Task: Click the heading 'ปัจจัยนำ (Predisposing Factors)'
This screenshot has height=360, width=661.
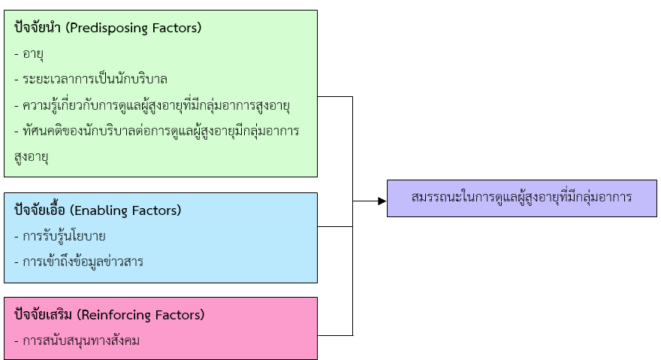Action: pos(107,28)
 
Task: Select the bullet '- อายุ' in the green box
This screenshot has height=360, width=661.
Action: pos(33,54)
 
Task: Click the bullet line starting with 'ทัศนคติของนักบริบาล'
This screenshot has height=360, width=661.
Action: pos(156,131)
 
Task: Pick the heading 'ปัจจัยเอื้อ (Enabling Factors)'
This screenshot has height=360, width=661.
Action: pos(98,210)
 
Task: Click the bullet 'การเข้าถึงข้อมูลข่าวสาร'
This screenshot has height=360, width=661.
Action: pos(78,262)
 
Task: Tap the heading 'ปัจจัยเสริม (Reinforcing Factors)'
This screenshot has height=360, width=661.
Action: pos(109,314)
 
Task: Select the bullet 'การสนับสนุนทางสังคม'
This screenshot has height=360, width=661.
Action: pos(77,340)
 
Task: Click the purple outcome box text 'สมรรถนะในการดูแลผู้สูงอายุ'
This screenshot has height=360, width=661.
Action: pos(522,198)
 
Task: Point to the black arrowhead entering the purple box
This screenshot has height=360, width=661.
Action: pos(382,201)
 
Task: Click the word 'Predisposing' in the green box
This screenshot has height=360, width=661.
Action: pos(113,28)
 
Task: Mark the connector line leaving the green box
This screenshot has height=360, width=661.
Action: pos(335,96)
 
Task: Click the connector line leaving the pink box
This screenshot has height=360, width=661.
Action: pos(335,334)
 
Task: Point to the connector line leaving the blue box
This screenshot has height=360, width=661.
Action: pos(335,226)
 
